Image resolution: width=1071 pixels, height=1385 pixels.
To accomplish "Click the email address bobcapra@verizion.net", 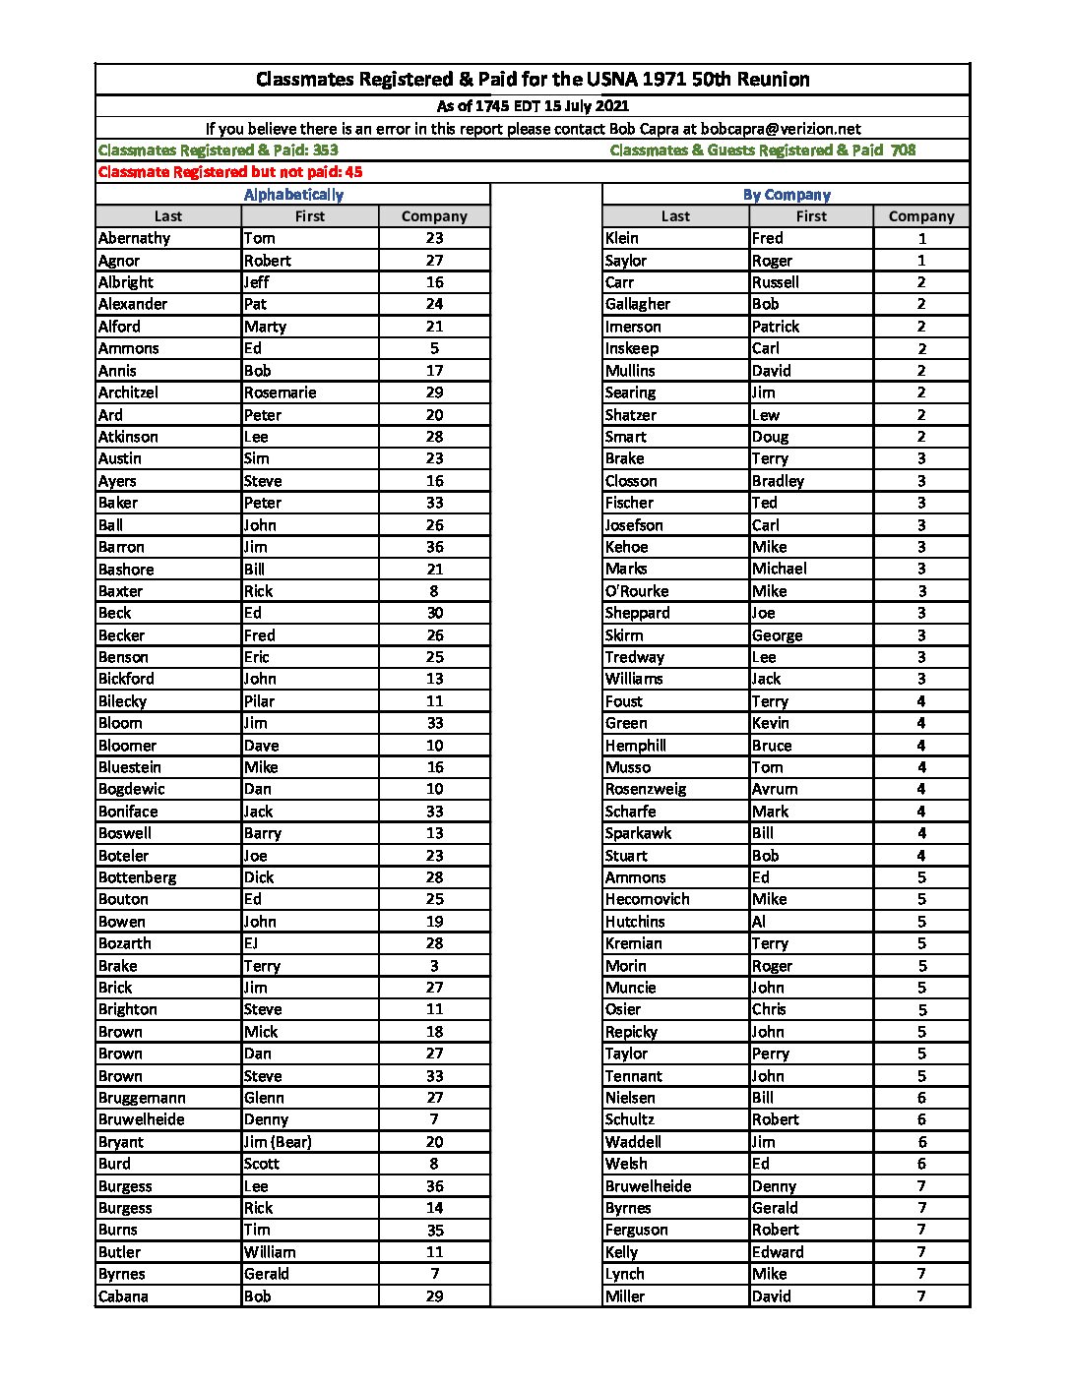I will [781, 129].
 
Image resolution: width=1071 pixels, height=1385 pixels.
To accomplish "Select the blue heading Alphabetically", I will [293, 195].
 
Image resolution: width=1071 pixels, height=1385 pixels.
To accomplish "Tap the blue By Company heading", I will [787, 195].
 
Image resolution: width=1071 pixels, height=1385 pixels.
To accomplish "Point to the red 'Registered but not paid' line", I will [230, 172].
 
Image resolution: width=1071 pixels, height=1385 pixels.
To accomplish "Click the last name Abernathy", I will [134, 238].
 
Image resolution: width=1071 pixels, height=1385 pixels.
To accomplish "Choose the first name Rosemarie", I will [281, 392].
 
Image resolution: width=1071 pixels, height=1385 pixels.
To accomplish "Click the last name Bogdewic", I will [132, 789].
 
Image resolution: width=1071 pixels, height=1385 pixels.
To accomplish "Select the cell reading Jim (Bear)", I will [278, 1142].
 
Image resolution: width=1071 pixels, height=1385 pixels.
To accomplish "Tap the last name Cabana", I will [123, 1296].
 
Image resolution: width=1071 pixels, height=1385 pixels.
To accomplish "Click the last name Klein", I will [621, 238].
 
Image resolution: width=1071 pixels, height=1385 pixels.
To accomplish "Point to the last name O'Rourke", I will [637, 591].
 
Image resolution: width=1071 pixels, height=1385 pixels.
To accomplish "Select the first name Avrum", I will [775, 789].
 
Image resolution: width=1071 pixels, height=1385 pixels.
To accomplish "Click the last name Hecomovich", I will [647, 899].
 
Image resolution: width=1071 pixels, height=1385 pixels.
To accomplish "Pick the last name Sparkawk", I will [638, 833].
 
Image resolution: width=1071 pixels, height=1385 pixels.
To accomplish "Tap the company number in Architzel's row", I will [434, 392].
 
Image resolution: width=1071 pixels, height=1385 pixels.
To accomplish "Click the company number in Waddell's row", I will [921, 1142].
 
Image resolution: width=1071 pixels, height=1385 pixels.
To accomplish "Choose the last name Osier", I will [622, 1009].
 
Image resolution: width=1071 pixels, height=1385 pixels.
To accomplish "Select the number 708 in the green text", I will [903, 151].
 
